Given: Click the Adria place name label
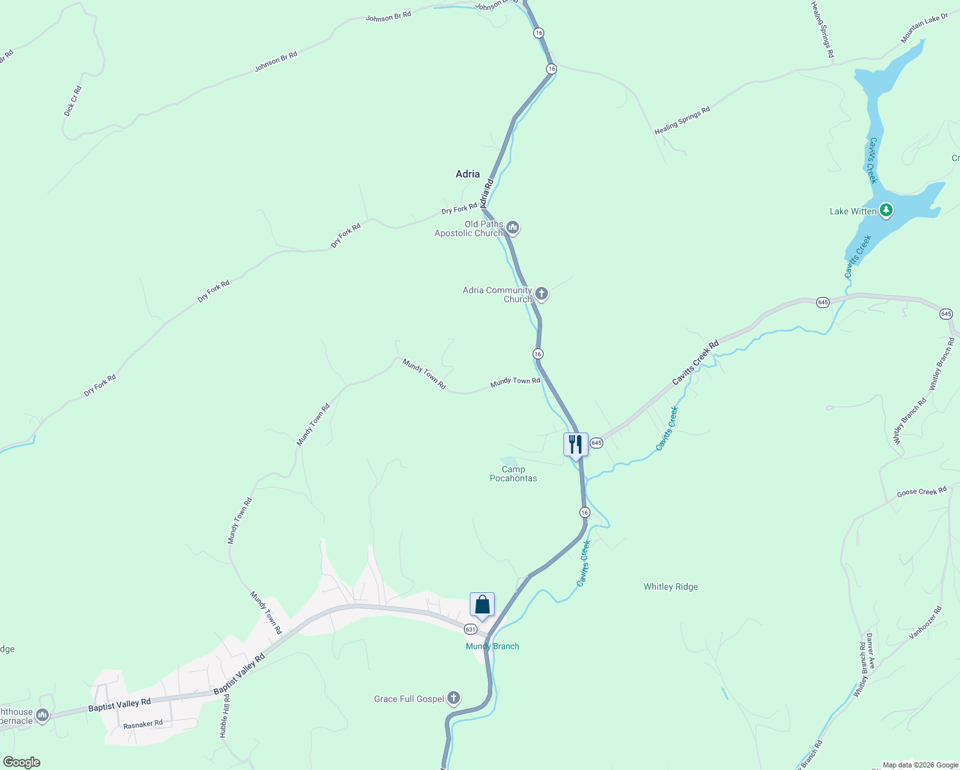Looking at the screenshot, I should [x=467, y=174].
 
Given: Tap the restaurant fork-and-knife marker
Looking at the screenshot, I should [x=576, y=444].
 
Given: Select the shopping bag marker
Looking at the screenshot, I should [x=482, y=604].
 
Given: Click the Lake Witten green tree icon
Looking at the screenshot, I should [x=886, y=210].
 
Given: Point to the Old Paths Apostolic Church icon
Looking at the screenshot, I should [x=512, y=228].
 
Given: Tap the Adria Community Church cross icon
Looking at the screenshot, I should [x=542, y=294].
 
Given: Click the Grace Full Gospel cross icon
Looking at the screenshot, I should [x=454, y=698].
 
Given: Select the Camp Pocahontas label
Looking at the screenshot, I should [x=513, y=474].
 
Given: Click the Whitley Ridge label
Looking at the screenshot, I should [x=671, y=586].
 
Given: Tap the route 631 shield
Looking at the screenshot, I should [x=470, y=629].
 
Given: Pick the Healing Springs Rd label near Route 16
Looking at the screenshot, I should [x=682, y=121].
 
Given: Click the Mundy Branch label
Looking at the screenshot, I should [x=492, y=646].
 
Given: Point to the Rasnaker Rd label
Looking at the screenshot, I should [x=143, y=724].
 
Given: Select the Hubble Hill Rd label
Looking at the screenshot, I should [x=225, y=715].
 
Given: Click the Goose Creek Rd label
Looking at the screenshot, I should [x=921, y=492].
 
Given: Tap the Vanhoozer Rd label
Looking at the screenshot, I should [x=925, y=622].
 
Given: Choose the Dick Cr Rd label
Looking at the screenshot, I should [x=73, y=101].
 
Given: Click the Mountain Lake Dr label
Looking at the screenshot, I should [x=924, y=28].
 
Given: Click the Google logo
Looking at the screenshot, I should [x=21, y=762].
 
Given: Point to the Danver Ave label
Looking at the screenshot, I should [x=870, y=651].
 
